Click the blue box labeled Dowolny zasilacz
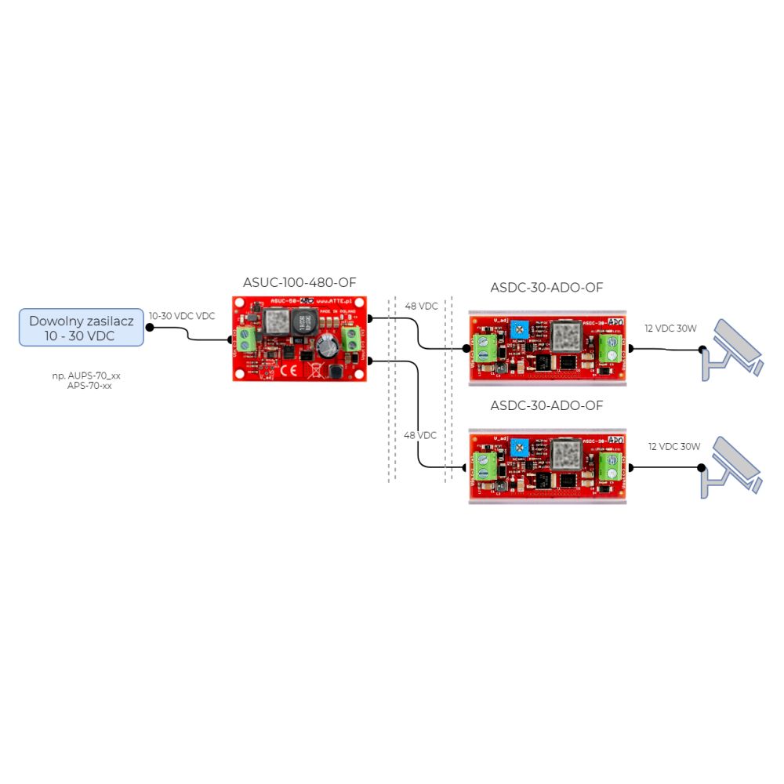(82, 327)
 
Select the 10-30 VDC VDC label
(183, 316)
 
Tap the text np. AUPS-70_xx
(87, 376)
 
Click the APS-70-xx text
(89, 386)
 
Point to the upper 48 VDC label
(422, 306)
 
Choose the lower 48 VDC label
(420, 435)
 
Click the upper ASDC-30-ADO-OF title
(547, 289)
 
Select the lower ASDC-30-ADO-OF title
(547, 406)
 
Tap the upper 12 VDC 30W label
(670, 328)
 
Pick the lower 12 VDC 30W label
(674, 447)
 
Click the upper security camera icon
(733, 351)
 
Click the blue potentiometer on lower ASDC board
(518, 447)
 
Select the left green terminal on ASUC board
(245, 340)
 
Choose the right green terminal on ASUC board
(352, 340)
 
